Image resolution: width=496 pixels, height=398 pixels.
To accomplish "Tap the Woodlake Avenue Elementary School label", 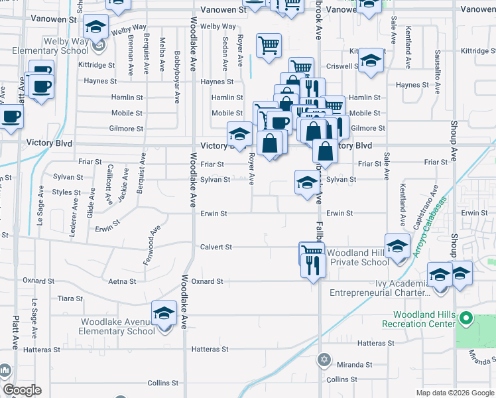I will coord(118,326).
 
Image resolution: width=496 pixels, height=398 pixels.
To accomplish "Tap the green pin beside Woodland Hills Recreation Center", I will coord(466,319).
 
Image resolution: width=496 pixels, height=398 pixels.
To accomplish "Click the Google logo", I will coord(22,390).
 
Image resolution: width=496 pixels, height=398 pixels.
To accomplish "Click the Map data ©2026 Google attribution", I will coord(454,393).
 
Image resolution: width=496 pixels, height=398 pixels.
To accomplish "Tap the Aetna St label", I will coord(123,281).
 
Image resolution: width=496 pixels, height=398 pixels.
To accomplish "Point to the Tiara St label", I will coord(70,298).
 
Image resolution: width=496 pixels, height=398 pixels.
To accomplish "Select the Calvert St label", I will coord(216,247).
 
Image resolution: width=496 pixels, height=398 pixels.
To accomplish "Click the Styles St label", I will coord(66,192).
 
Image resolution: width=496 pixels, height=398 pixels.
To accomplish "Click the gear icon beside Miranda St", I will coord(324,360).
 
